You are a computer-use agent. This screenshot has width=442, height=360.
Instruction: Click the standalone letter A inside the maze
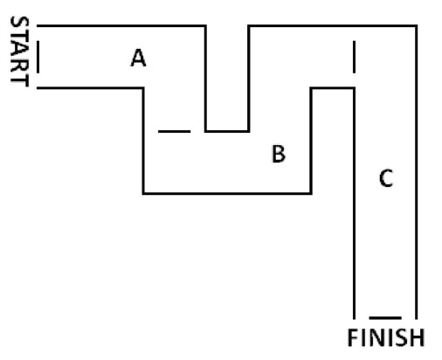138,58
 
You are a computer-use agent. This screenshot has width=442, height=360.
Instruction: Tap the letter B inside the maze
279,154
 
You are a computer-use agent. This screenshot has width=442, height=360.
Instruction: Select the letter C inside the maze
386,178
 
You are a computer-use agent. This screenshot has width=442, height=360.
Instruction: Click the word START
20,52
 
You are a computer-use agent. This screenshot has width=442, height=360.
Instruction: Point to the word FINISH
386,337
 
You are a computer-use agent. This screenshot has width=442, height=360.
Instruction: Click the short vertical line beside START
38,57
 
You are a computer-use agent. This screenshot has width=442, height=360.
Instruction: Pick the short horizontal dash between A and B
175,131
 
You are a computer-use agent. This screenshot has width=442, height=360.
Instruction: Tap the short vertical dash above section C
354,57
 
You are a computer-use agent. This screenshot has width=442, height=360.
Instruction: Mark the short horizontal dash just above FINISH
385,318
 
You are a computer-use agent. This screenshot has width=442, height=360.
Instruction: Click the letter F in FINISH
353,337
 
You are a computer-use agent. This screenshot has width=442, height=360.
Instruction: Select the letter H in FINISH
418,337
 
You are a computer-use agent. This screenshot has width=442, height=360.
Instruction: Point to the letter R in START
20,65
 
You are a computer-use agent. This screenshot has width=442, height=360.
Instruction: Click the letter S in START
20,23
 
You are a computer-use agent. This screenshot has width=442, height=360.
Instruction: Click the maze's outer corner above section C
416,26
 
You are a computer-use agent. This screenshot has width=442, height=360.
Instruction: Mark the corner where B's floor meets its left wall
143,193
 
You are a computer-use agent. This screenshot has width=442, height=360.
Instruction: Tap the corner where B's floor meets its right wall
311,193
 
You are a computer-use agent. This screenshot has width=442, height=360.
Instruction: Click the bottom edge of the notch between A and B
227,131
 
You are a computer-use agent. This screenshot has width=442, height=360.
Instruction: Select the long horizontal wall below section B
227,193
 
